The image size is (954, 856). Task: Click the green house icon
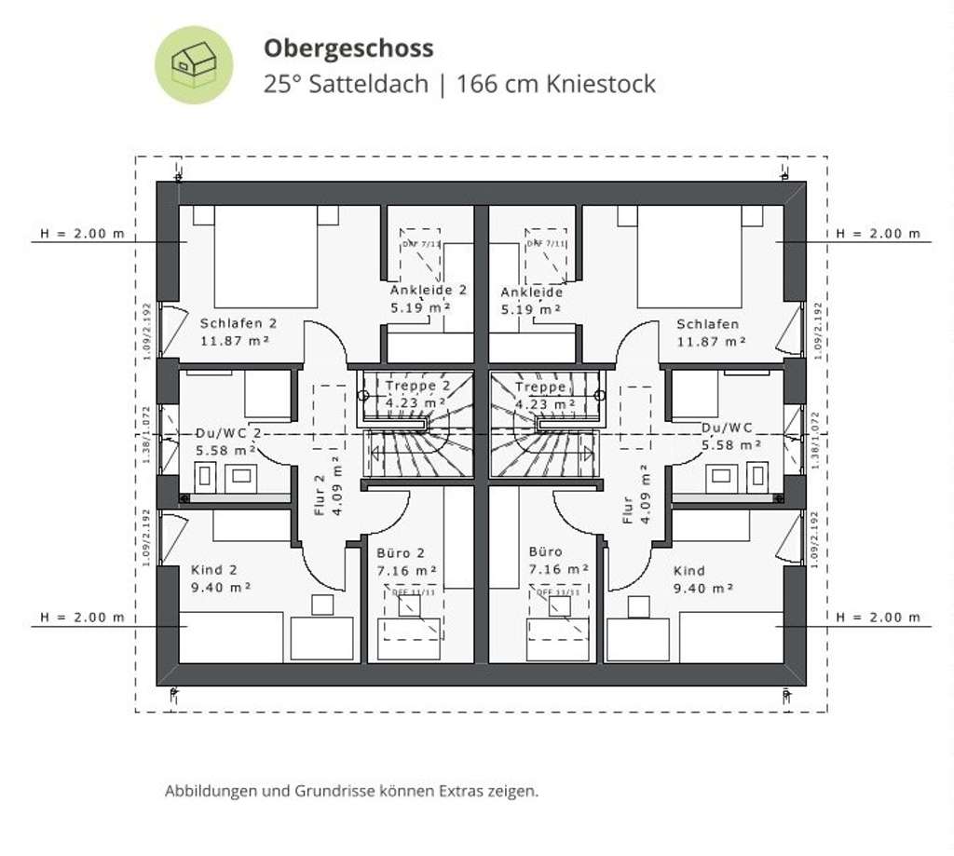[x=193, y=64]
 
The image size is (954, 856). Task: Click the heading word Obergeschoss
[x=348, y=48]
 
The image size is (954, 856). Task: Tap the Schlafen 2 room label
[x=238, y=324]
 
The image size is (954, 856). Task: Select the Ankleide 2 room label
[x=428, y=291]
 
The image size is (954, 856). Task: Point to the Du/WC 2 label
[x=228, y=433]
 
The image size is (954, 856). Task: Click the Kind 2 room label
[x=214, y=570]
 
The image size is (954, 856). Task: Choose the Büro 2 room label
[x=400, y=552]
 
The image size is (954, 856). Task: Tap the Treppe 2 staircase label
[x=419, y=387]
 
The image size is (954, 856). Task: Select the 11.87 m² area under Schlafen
[x=711, y=342]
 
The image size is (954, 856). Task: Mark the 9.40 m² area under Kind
[x=703, y=588]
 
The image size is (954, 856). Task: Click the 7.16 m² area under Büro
[x=558, y=569]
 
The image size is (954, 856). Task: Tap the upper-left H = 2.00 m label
[x=82, y=233]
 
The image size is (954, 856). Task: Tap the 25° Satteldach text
[x=346, y=84]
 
